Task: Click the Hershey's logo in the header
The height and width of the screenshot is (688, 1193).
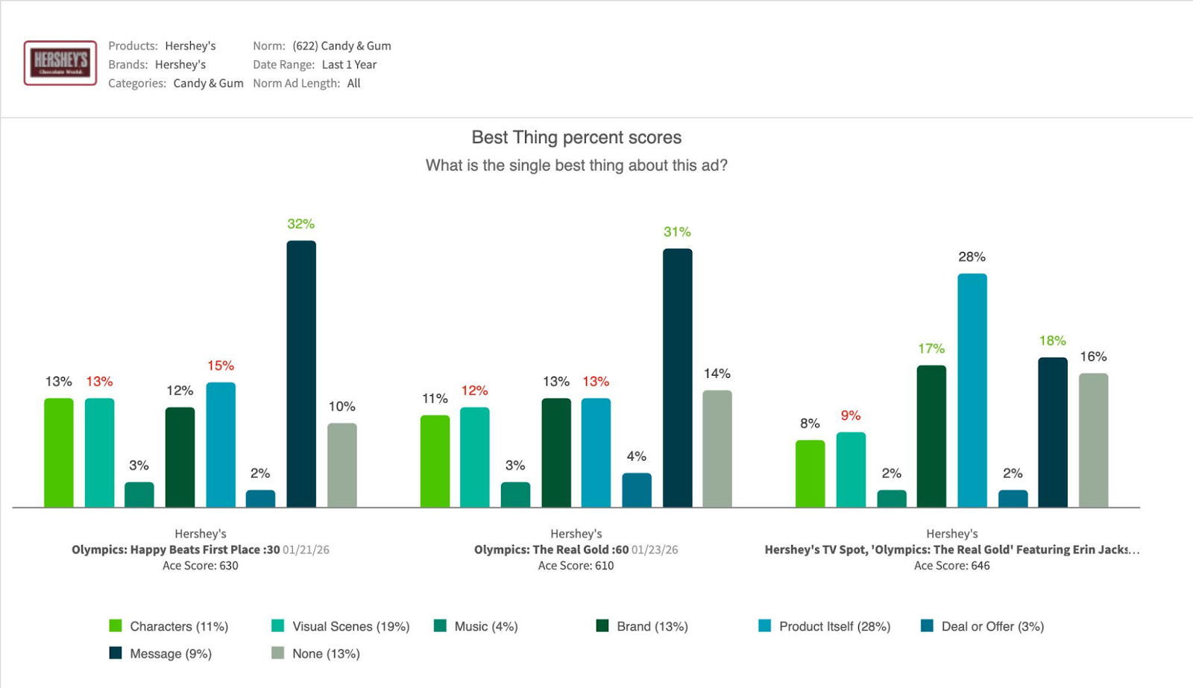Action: tap(60, 63)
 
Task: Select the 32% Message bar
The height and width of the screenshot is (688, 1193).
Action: tap(301, 373)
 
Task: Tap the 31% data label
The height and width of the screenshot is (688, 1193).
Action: tap(677, 232)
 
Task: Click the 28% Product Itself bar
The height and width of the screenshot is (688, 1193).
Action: tap(972, 390)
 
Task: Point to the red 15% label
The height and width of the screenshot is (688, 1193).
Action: tap(221, 365)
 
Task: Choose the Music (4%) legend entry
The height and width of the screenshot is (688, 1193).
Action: tap(476, 626)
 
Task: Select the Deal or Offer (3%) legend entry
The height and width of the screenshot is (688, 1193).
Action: tap(983, 626)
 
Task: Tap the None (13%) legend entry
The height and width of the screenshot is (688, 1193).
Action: tap(317, 654)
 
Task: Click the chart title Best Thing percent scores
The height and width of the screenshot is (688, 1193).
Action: tap(576, 137)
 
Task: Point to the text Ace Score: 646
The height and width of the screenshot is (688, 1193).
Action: tap(951, 566)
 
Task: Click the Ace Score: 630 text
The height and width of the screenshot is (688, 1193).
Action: tap(200, 566)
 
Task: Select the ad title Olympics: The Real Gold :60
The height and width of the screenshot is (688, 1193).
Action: tap(551, 549)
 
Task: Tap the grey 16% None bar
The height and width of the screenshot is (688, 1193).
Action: tap(1093, 440)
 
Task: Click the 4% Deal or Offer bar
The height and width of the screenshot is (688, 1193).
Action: tap(637, 490)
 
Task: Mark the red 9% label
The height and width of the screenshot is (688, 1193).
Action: tap(851, 415)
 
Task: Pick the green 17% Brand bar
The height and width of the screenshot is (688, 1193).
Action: tap(931, 436)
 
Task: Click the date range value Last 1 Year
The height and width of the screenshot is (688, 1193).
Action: tap(349, 65)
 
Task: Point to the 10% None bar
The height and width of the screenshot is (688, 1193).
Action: tap(342, 465)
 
